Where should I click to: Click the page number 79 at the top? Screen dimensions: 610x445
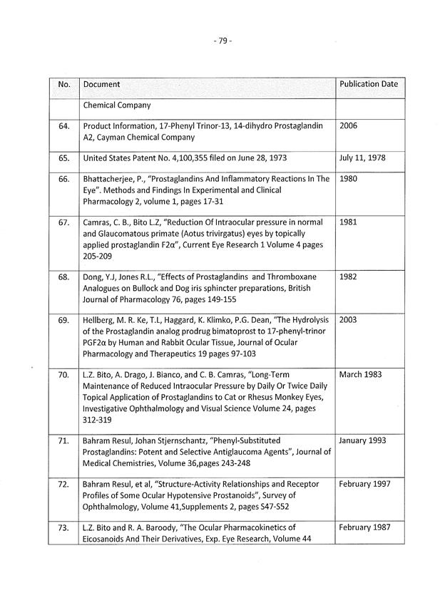(222, 41)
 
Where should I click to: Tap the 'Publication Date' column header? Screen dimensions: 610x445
(369, 84)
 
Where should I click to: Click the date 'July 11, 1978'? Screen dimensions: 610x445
(362, 157)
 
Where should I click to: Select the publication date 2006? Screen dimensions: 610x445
(349, 125)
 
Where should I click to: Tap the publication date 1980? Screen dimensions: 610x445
(349, 179)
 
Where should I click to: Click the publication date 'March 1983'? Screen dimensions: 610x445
(361, 375)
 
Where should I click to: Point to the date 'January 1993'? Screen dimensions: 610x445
(363, 440)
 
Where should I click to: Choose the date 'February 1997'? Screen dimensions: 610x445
(365, 485)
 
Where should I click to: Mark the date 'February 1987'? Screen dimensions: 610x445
(365, 528)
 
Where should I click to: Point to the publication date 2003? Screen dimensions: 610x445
(349, 320)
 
